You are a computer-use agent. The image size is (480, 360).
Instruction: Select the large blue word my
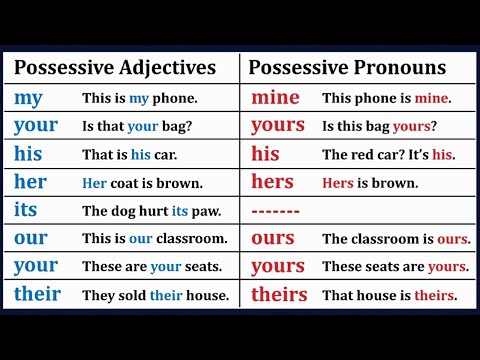(28, 100)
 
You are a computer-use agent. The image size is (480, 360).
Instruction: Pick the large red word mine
(275, 98)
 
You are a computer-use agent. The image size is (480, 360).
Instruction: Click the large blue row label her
(30, 183)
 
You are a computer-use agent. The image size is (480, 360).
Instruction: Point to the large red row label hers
(273, 183)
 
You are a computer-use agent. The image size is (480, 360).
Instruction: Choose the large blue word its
(26, 211)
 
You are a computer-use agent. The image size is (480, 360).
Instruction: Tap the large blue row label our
(30, 240)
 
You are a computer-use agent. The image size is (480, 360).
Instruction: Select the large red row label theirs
(278, 295)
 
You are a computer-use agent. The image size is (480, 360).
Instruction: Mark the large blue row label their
(37, 295)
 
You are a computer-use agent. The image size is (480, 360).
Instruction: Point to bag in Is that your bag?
(177, 127)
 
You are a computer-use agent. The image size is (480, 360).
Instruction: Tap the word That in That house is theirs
(337, 296)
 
